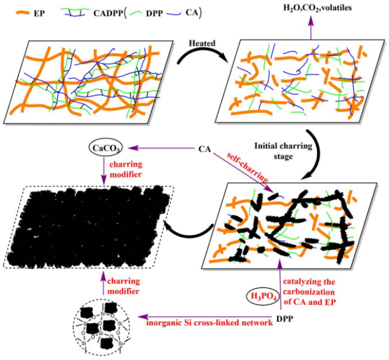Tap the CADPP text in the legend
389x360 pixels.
pos(108,13)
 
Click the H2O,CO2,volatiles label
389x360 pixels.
pos(317,8)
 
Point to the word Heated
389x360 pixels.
pos(202,43)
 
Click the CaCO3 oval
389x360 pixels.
pos(106,149)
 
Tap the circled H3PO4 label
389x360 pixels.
pos(263,297)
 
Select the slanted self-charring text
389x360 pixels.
pos(247,168)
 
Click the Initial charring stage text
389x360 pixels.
pos(283,151)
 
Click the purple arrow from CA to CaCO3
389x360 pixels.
pos(162,148)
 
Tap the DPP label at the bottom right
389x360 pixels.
pos(284,319)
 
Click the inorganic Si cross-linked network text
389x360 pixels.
pos(209,323)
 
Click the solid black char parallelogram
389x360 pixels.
pos(89,226)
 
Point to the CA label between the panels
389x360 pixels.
pos(205,149)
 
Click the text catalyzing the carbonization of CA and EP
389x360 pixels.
pos(309,292)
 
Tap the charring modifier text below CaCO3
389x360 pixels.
pos(126,170)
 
